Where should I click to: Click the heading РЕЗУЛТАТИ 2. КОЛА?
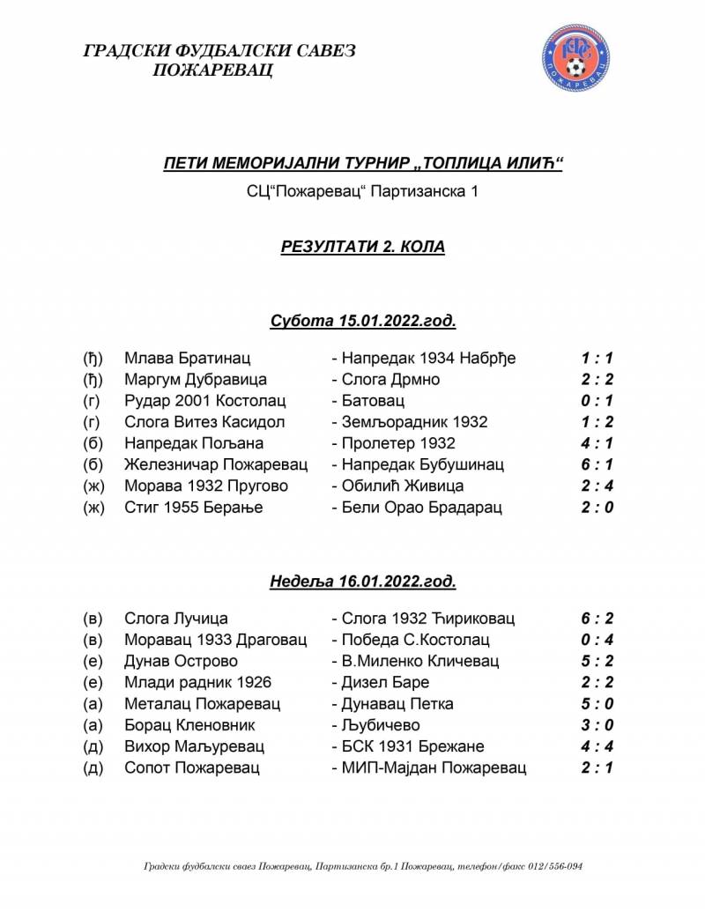[363, 248]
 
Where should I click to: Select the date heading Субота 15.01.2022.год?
[363, 320]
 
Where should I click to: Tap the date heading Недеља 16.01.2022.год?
[363, 582]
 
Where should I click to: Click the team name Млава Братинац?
[188, 359]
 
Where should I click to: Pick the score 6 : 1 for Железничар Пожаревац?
[597, 464]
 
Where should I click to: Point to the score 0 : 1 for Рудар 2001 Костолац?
[597, 401]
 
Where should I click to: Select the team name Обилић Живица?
[402, 486]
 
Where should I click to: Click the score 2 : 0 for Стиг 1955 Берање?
[597, 507]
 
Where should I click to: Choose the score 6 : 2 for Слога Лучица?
[597, 619]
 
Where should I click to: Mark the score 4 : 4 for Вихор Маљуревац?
[597, 746]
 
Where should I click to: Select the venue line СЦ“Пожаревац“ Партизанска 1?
[363, 191]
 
